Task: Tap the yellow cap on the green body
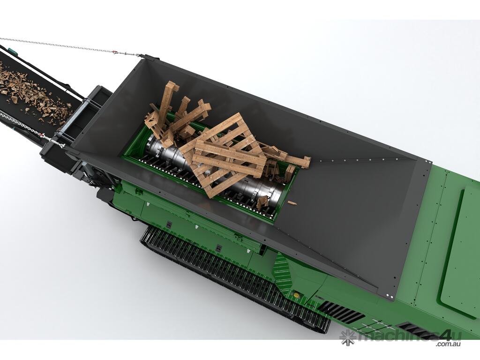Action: click(296, 295)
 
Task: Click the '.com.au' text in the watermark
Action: click(449, 344)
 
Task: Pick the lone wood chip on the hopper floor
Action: click(292, 202)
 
